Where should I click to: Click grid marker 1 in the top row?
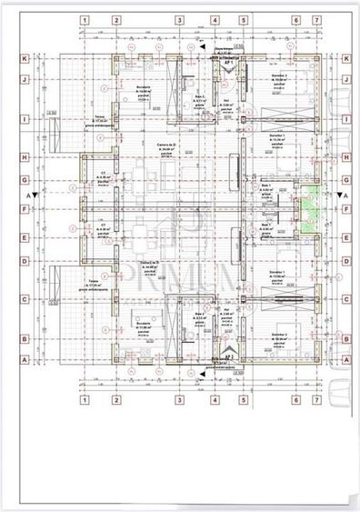tap(85, 19)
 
